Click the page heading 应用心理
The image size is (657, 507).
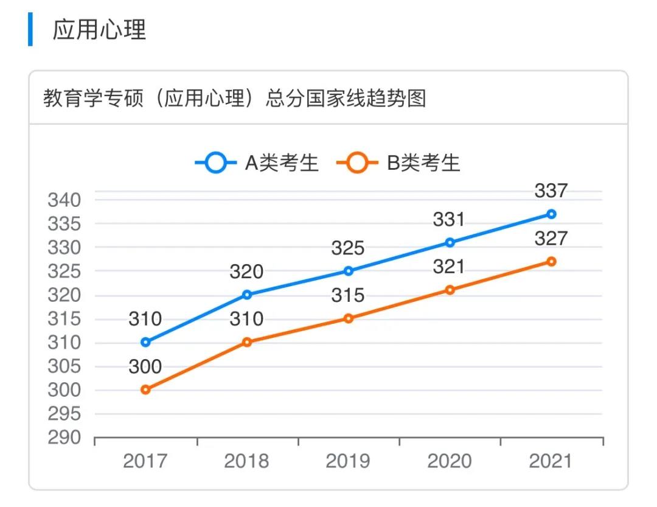100,29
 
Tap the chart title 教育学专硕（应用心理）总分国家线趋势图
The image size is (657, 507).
234,98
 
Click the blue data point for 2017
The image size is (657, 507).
145,342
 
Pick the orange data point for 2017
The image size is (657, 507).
145,390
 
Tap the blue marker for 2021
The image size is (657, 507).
551,214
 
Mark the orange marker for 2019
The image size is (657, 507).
349,318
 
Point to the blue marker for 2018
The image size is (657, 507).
247,295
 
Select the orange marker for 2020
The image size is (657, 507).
450,290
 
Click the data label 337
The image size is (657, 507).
551,191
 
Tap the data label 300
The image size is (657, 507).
145,367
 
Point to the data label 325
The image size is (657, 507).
348,248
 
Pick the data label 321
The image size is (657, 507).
449,267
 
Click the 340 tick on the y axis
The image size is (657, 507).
64,200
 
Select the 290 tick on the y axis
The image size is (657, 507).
64,438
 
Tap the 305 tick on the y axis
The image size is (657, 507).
64,366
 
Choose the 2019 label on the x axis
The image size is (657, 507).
348,461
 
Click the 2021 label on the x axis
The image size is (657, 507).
551,461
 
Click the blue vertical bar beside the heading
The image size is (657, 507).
30,29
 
